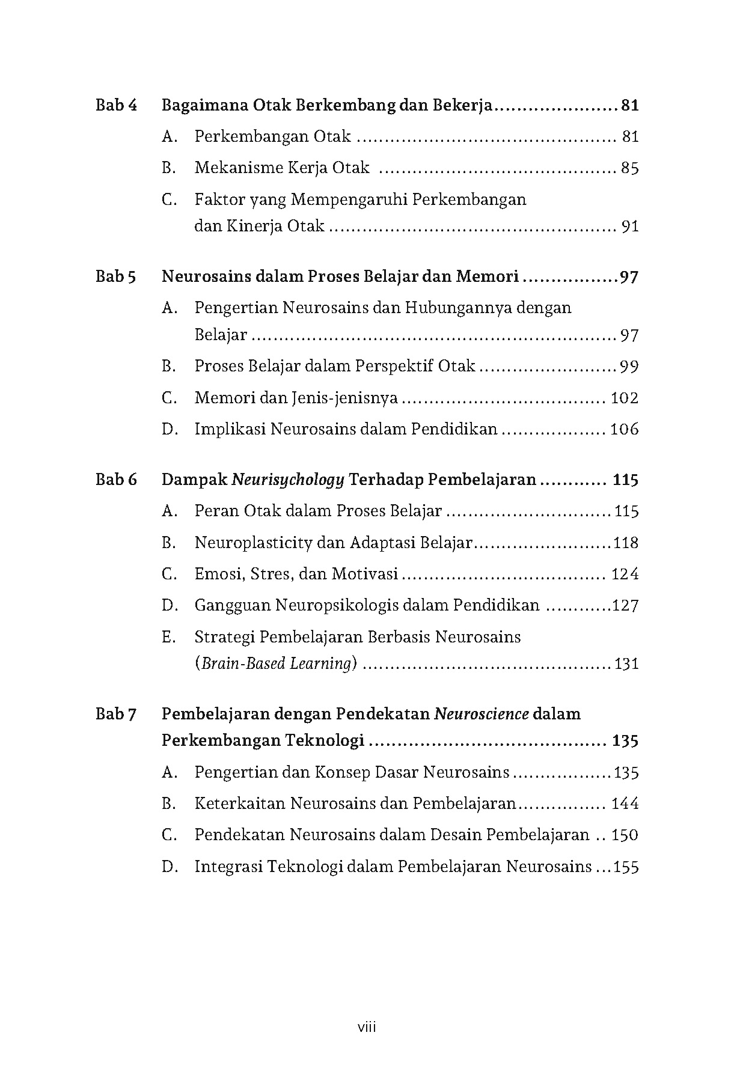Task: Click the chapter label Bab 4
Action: pyautogui.click(x=116, y=106)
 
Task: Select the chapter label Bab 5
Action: pyautogui.click(x=116, y=277)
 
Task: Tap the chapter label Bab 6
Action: pyautogui.click(x=116, y=480)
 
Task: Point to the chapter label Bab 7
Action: pyautogui.click(x=116, y=714)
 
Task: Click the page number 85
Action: pyautogui.click(x=629, y=168)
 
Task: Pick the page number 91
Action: pyautogui.click(x=629, y=227)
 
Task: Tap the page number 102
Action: pyautogui.click(x=625, y=398)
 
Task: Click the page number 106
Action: pyautogui.click(x=625, y=429)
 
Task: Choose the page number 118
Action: pyautogui.click(x=626, y=543)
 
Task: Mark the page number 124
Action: pyautogui.click(x=625, y=574)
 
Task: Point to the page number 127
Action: pyautogui.click(x=625, y=605)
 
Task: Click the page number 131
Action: pyautogui.click(x=626, y=664)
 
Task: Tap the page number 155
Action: pyautogui.click(x=626, y=867)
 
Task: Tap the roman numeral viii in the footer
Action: pyautogui.click(x=367, y=1027)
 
